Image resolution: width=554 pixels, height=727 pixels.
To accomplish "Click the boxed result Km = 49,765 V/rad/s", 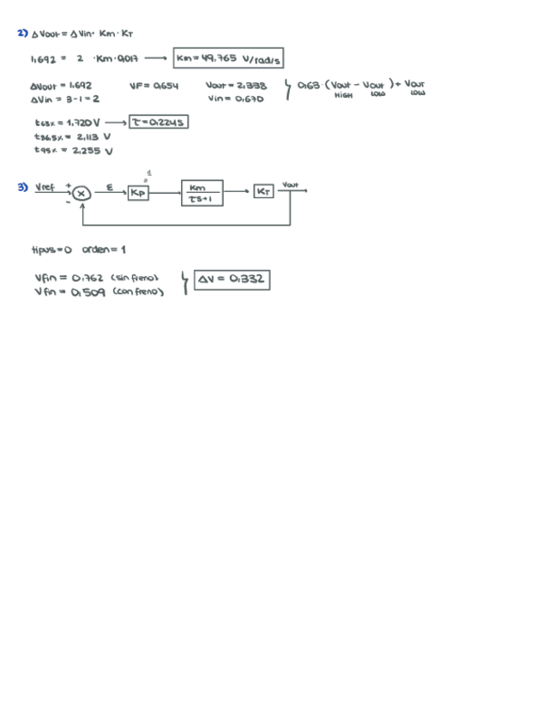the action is click(228, 58).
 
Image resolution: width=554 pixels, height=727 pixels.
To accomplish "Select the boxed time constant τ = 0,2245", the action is click(159, 123).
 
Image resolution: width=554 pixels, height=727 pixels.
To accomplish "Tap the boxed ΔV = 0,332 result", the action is click(232, 279).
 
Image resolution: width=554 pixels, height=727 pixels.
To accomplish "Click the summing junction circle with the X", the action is click(81, 194).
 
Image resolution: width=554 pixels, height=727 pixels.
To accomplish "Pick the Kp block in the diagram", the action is click(138, 193).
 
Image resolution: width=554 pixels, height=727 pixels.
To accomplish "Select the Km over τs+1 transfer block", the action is click(202, 193).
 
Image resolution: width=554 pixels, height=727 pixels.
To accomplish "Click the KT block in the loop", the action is click(263, 192).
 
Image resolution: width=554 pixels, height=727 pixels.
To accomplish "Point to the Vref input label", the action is click(45, 187).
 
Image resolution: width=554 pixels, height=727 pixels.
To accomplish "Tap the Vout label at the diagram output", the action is click(290, 184).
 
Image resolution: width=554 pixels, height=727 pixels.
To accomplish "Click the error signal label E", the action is click(109, 186).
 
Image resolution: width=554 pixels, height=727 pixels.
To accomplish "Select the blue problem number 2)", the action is click(22, 33).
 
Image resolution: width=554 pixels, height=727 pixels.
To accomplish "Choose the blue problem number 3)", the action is click(22, 187).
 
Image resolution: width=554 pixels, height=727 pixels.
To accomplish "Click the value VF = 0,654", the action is click(154, 86).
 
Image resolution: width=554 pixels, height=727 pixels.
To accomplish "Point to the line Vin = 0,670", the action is click(234, 99).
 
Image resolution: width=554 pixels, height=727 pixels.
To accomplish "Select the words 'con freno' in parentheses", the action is click(138, 291).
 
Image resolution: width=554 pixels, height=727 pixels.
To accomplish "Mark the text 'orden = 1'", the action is click(104, 249).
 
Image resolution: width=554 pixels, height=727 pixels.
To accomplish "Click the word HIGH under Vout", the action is click(343, 95).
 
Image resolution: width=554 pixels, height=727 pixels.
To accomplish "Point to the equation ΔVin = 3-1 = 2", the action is click(64, 99).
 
